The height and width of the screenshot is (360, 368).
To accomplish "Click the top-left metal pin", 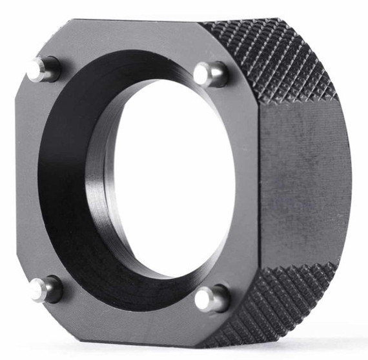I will (x=43, y=68).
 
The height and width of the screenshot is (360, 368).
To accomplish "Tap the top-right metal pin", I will (x=210, y=74).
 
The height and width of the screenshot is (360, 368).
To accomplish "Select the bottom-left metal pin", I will (x=45, y=289).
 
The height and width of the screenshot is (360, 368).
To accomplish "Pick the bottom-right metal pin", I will (x=212, y=298).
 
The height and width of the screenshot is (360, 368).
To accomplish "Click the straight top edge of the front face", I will (x=129, y=21).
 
